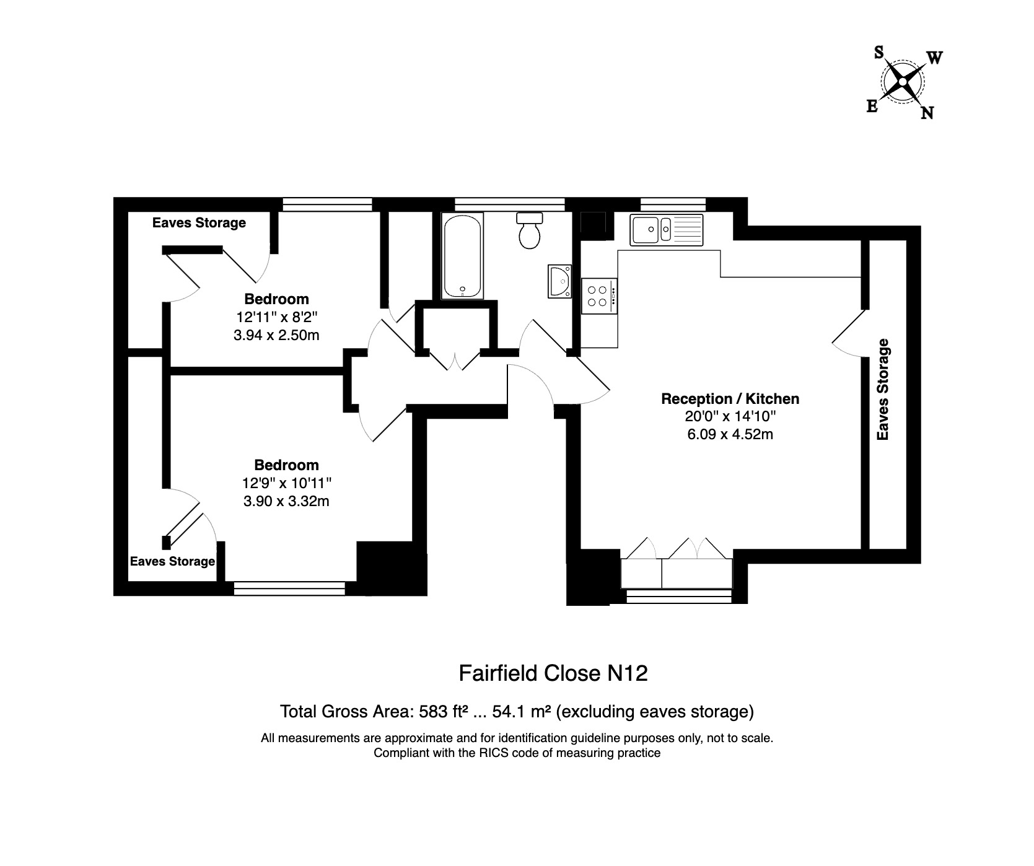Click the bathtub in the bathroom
coord(463,256)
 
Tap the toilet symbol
coord(530,230)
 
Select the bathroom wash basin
coord(560,281)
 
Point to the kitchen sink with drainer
coord(666,229)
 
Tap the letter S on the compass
coord(878,53)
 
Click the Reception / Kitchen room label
coord(730,399)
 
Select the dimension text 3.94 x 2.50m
coord(276,335)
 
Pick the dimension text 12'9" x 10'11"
coord(286,483)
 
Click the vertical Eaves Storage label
coord(883,390)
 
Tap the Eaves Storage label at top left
coord(199,223)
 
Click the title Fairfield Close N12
coord(553,673)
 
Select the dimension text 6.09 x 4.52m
coord(730,434)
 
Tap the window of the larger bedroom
coord(290,588)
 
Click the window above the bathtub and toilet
coord(509,204)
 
